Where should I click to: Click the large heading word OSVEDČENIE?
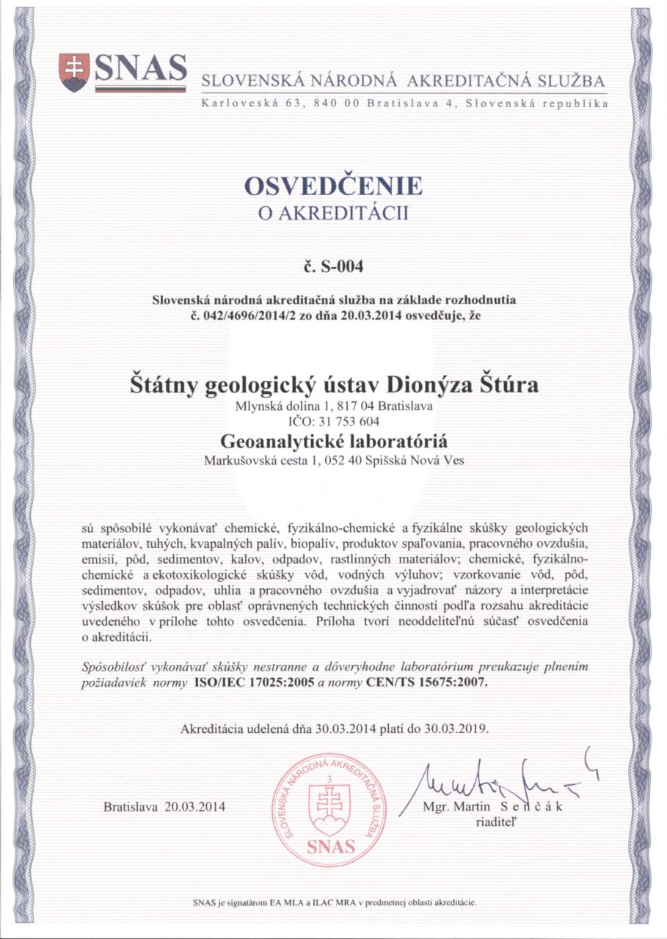[333, 186]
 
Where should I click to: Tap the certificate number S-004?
[333, 266]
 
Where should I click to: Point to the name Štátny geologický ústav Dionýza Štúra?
[333, 384]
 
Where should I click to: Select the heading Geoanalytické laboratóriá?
[333, 442]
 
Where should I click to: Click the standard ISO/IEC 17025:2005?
[245, 681]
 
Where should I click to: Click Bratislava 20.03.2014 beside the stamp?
[165, 807]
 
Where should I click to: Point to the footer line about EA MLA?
[334, 902]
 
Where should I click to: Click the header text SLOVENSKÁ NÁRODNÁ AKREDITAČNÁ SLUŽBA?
[404, 81]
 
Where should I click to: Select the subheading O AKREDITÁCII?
[333, 214]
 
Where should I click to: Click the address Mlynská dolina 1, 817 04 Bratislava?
[333, 405]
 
